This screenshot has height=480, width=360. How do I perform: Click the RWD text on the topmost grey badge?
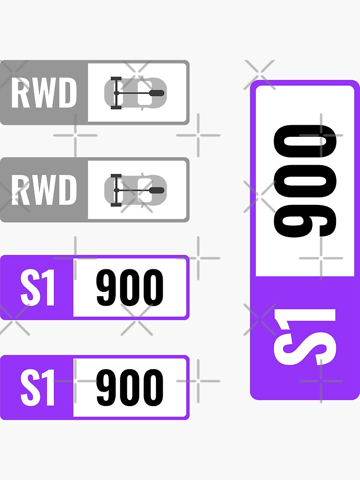[x=44, y=93]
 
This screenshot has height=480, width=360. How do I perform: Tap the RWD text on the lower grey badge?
[x=44, y=190]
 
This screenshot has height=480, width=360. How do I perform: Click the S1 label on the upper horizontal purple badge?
[x=37, y=288]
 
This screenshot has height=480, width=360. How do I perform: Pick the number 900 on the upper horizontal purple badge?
[x=130, y=288]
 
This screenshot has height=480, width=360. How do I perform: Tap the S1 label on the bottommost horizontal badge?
[x=37, y=387]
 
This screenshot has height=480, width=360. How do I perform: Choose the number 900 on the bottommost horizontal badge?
[x=130, y=387]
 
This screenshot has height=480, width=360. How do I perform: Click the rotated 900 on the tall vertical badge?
[x=304, y=180]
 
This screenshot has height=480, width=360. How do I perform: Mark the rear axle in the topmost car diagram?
[x=116, y=93]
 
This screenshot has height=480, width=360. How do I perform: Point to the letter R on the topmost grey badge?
[x=19, y=93]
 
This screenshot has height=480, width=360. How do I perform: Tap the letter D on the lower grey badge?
[x=68, y=190]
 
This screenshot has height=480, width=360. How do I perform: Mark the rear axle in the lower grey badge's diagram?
[x=116, y=190]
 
